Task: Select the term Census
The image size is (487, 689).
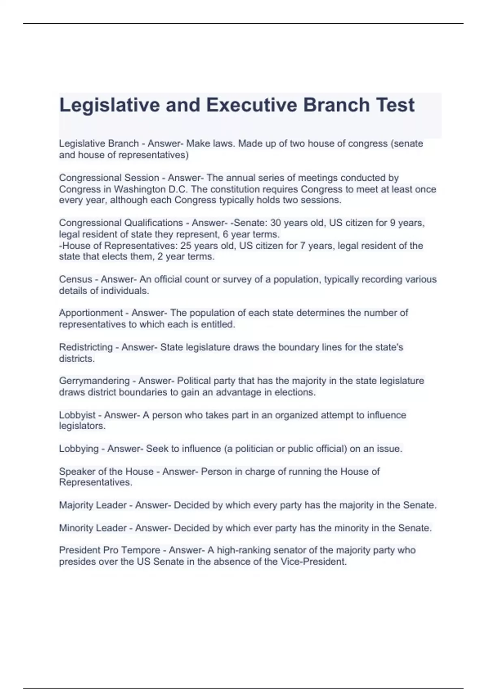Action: pyautogui.click(x=75, y=279)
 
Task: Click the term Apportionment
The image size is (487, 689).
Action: pyautogui.click(x=91, y=313)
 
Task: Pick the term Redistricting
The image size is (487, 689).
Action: pyautogui.click(x=86, y=347)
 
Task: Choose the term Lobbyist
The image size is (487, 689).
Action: pyautogui.click(x=77, y=415)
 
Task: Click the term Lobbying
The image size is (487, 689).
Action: pyautogui.click(x=79, y=449)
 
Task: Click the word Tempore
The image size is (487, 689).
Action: pyautogui.click(x=141, y=550)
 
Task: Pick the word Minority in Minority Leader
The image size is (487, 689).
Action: pyautogui.click(x=76, y=528)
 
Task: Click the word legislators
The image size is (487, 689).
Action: pyautogui.click(x=82, y=426)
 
